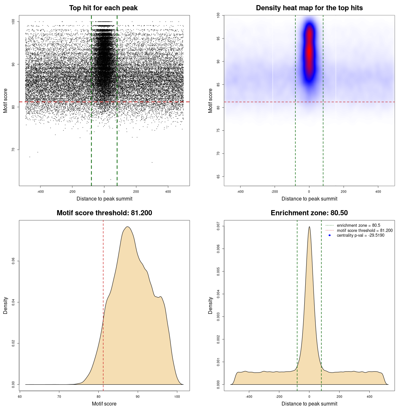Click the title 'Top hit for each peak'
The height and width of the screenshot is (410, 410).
point(103,8)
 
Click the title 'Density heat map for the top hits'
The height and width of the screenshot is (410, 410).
point(309,8)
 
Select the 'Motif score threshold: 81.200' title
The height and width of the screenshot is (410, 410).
point(104,213)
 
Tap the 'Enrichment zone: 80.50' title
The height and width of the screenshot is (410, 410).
point(309,213)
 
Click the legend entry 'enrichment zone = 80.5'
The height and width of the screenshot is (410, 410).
point(358,225)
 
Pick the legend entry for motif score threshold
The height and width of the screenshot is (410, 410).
point(365,230)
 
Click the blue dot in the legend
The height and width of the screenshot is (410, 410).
point(330,235)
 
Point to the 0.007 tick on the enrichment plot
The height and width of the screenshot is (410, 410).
point(218,226)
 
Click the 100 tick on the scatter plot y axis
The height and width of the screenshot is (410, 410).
point(13,21)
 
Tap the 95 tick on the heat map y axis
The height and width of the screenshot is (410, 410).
point(218,38)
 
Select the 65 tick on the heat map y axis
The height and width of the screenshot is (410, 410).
point(218,176)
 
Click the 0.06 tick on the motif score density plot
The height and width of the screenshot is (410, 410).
point(13,261)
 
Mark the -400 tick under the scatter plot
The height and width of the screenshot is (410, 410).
point(40,192)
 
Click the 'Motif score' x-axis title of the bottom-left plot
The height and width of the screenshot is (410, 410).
point(104,404)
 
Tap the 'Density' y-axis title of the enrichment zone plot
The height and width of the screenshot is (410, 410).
point(210,305)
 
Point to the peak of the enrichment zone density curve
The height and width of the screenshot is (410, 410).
point(309,227)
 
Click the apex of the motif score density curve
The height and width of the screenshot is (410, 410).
point(127,227)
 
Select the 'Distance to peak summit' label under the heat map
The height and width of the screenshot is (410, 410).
point(309,199)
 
